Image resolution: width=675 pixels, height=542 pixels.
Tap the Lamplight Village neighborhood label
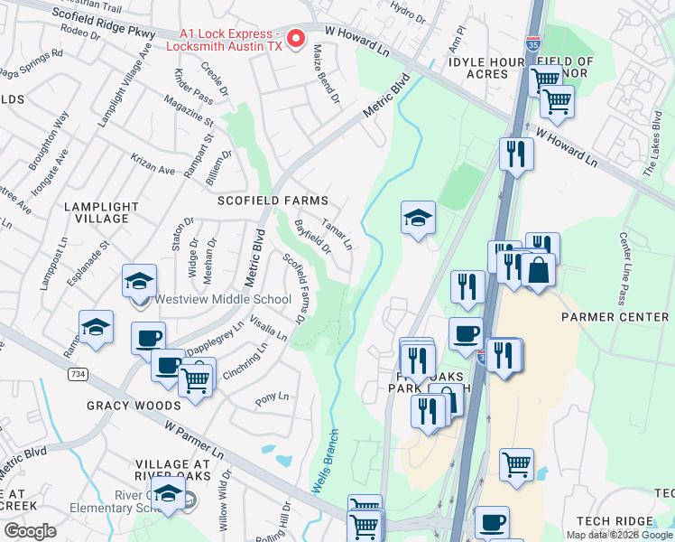(x=101, y=212)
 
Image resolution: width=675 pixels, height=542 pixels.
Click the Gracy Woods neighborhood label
(x=134, y=406)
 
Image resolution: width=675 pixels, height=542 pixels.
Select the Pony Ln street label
(x=272, y=397)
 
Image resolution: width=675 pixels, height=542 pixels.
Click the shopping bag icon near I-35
(x=538, y=271)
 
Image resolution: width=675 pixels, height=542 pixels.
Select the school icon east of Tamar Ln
(x=418, y=219)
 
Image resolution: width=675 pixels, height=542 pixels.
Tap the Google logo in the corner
(x=29, y=531)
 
